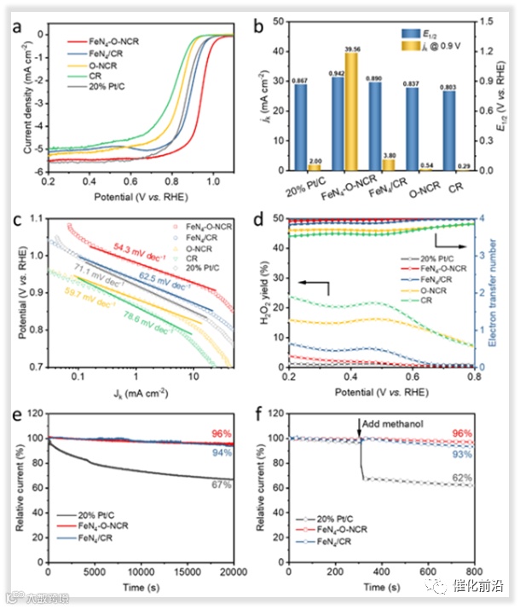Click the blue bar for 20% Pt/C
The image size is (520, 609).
coord(301,128)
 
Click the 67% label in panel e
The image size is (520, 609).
coord(219,484)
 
